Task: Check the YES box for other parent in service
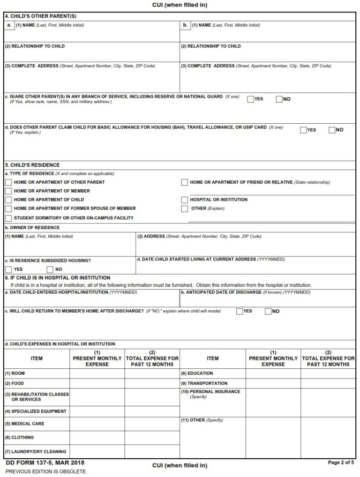250,99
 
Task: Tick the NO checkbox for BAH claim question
332,130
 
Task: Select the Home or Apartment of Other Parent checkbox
8,182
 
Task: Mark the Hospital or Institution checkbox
184,200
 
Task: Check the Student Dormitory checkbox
8,218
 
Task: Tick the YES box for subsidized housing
8,269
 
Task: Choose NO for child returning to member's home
268,311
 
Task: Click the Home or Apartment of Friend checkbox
184,182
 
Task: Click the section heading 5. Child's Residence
32,165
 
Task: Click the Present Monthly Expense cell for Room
97,374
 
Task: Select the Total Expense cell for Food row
152,384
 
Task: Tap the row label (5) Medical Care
24,424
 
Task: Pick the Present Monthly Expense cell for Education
273,374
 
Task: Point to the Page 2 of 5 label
341,462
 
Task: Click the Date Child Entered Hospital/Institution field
91,299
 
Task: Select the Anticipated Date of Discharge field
268,299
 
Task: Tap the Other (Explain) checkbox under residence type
184,209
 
